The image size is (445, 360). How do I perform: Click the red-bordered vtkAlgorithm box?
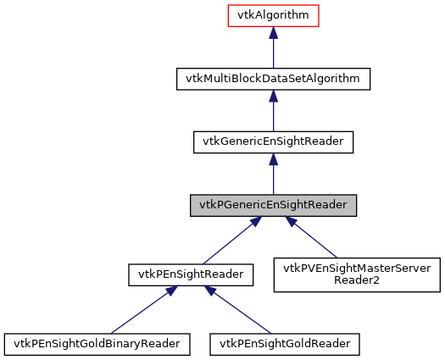pos(272,15)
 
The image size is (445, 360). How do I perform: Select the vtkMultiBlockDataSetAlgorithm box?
pos(272,79)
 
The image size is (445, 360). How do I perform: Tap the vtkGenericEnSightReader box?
pos(272,142)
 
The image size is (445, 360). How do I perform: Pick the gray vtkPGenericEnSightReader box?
pos(272,206)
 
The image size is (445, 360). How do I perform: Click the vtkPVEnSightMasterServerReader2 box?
pos(356,274)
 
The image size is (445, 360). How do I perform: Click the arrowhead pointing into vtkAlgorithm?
pos(272,33)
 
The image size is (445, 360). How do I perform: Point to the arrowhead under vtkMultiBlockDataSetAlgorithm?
pos(272,97)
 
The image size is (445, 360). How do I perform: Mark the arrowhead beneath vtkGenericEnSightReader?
pos(272,160)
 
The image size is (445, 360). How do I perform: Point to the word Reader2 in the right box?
pos(356,281)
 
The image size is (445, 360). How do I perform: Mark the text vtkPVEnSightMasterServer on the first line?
pos(356,269)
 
